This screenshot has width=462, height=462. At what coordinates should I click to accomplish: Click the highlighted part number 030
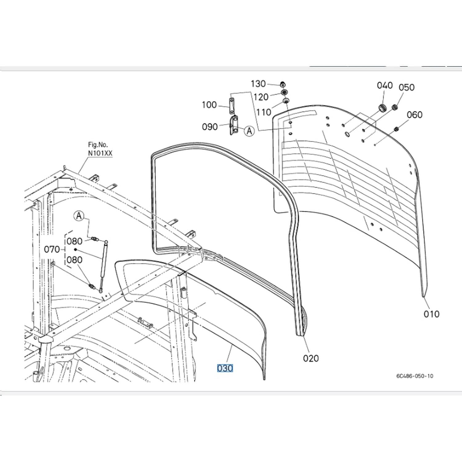225,368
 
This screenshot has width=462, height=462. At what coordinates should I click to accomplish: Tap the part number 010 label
431,314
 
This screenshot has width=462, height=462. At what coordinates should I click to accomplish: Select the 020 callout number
311,358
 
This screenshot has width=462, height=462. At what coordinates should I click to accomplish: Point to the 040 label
385,85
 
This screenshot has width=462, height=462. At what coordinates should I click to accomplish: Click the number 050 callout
407,87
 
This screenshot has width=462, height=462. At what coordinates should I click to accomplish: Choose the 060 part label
415,115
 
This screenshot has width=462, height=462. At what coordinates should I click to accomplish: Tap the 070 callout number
52,249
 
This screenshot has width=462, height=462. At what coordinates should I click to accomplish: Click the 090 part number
210,127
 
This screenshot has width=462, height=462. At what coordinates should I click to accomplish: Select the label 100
209,105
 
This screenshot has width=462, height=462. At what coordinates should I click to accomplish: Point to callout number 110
264,112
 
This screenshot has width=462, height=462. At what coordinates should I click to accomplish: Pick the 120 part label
261,97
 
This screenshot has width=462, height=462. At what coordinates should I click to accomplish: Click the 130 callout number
258,84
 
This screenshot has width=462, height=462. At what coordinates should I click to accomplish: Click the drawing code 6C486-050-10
415,376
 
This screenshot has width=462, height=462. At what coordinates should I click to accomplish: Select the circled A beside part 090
249,131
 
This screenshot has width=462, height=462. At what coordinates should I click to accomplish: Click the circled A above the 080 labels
79,216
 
